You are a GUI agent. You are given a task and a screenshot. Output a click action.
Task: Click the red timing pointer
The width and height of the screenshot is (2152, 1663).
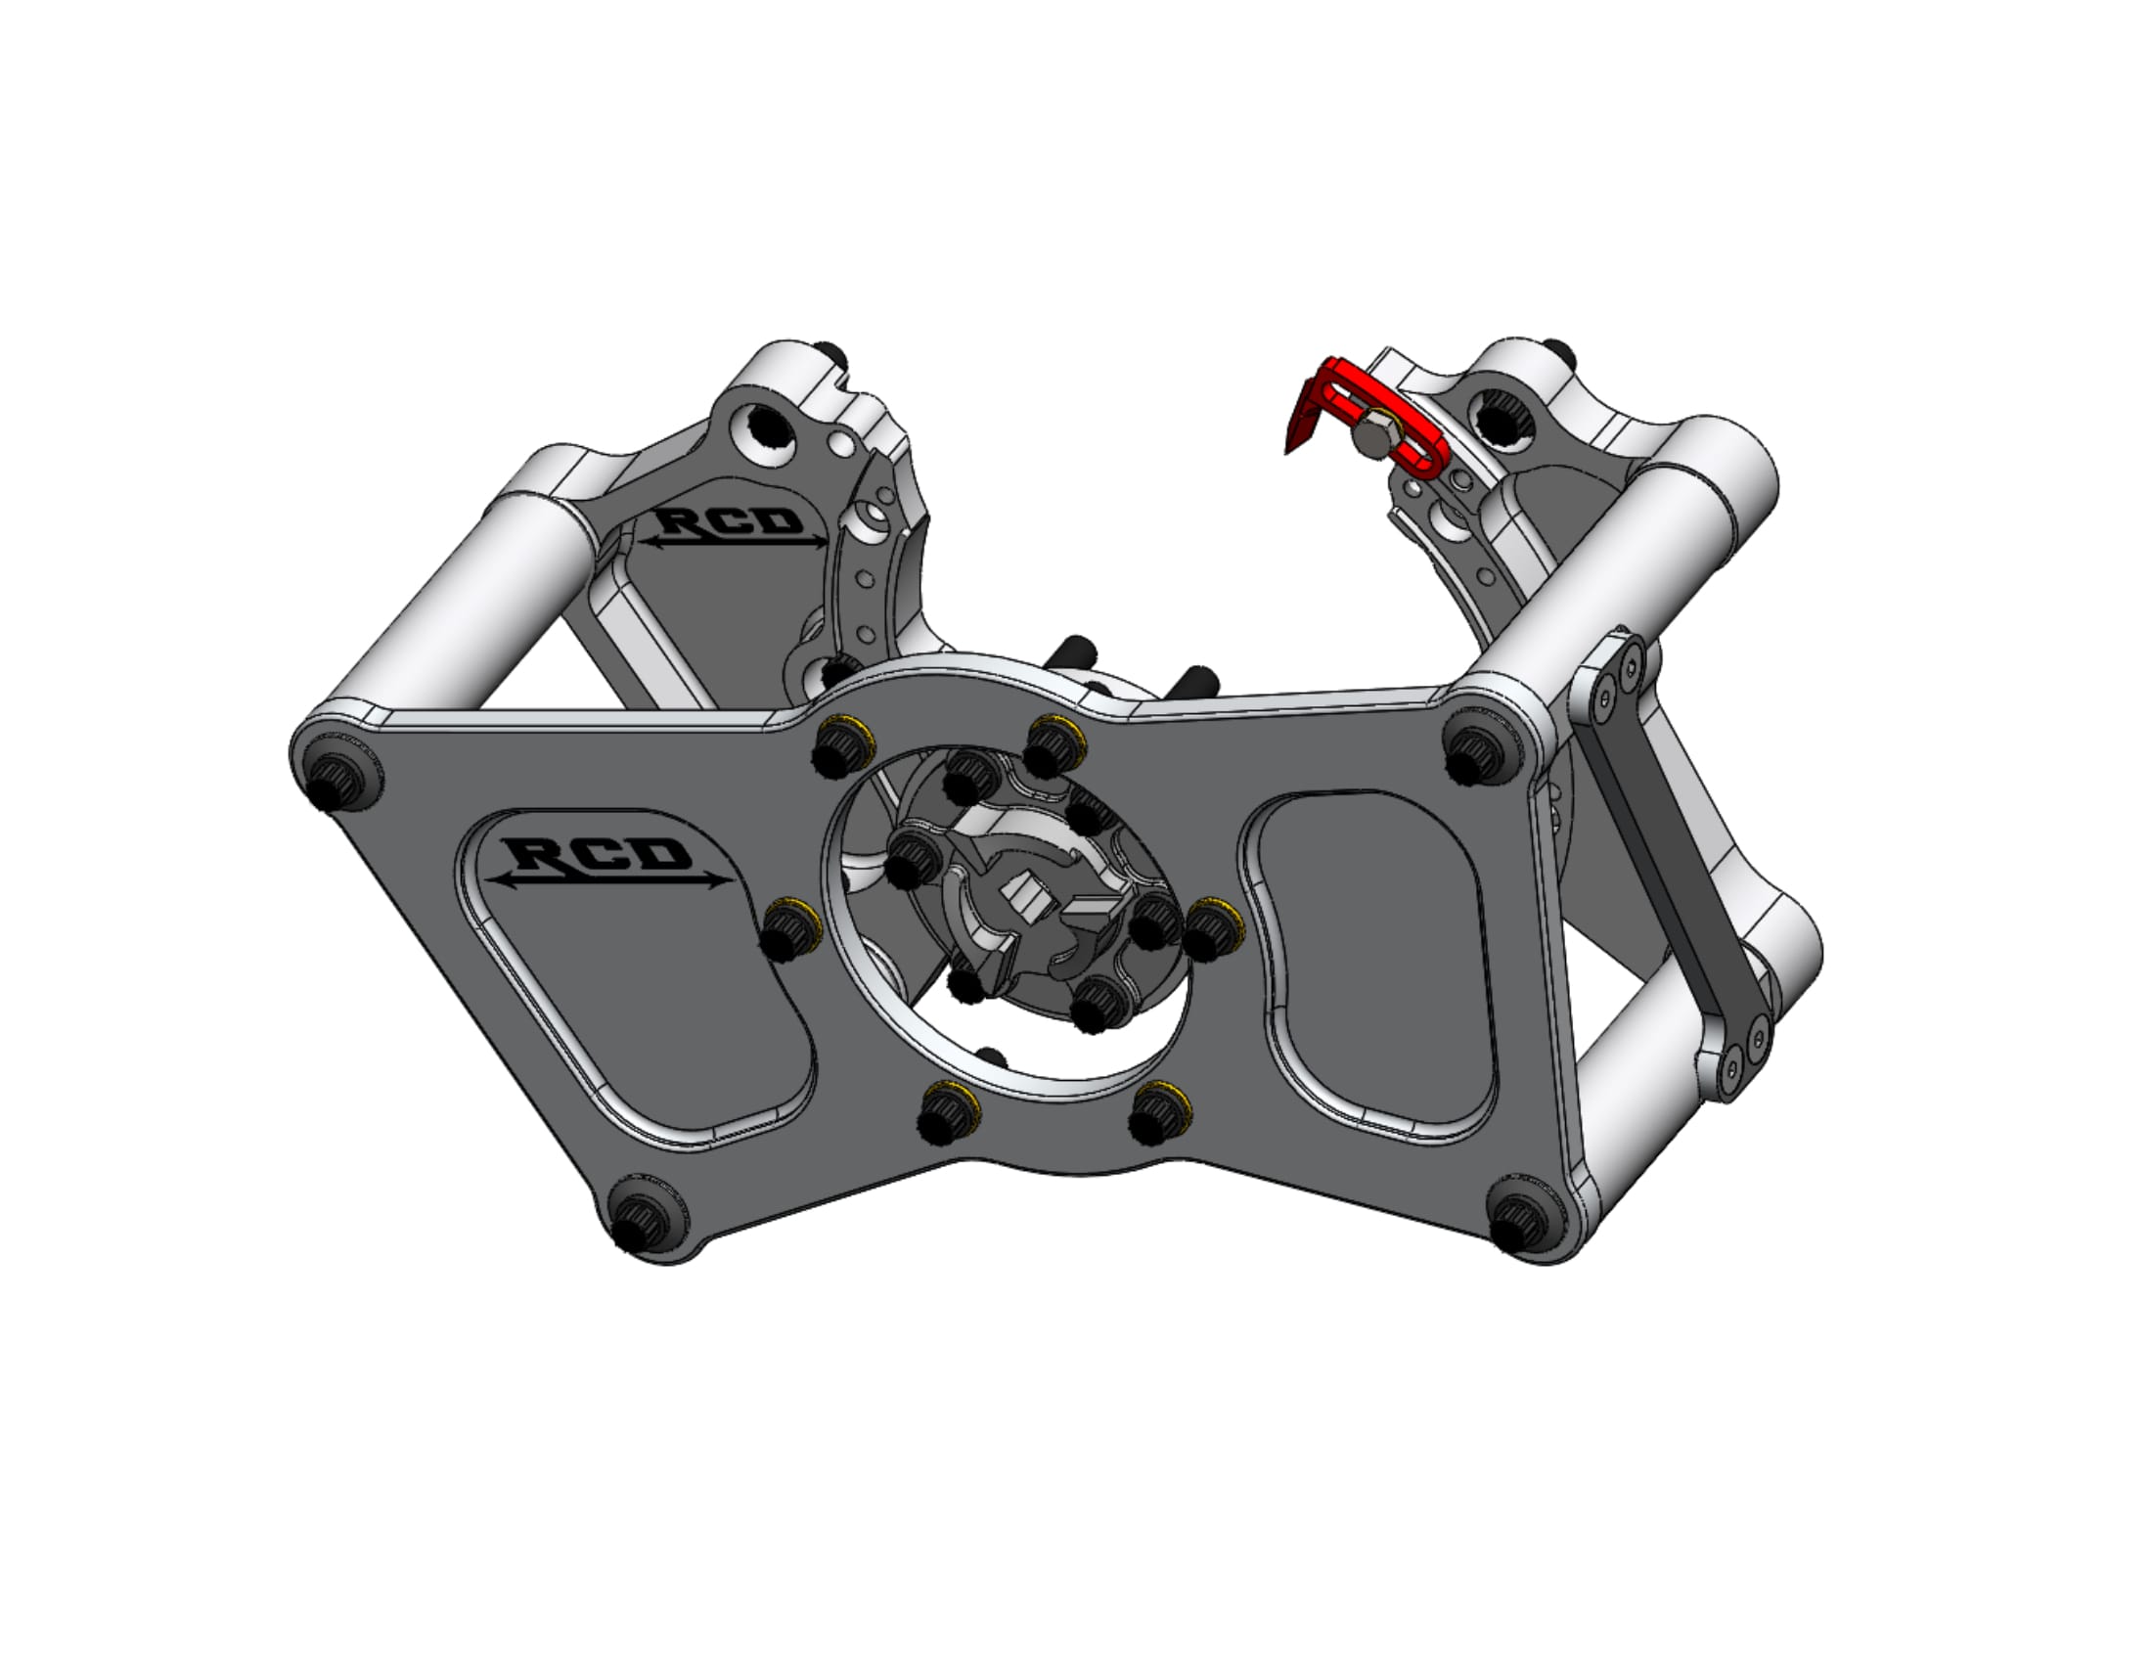(1321, 394)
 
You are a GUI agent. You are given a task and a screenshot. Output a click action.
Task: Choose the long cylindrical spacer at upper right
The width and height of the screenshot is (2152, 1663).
(1616, 552)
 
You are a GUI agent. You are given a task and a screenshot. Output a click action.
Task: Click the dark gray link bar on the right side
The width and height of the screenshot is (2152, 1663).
(1665, 857)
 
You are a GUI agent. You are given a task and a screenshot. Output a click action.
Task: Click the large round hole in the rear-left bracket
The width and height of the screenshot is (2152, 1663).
(770, 428)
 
